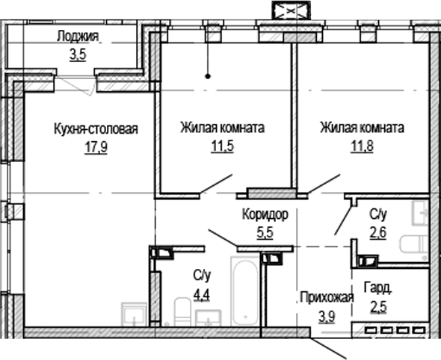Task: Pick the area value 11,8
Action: point(363,146)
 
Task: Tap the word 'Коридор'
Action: point(265,214)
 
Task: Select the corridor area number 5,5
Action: point(265,232)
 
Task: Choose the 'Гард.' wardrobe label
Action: point(378,287)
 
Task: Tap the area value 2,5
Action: point(380,305)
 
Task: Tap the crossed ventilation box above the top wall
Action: point(288,13)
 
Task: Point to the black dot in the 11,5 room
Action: point(209,75)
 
